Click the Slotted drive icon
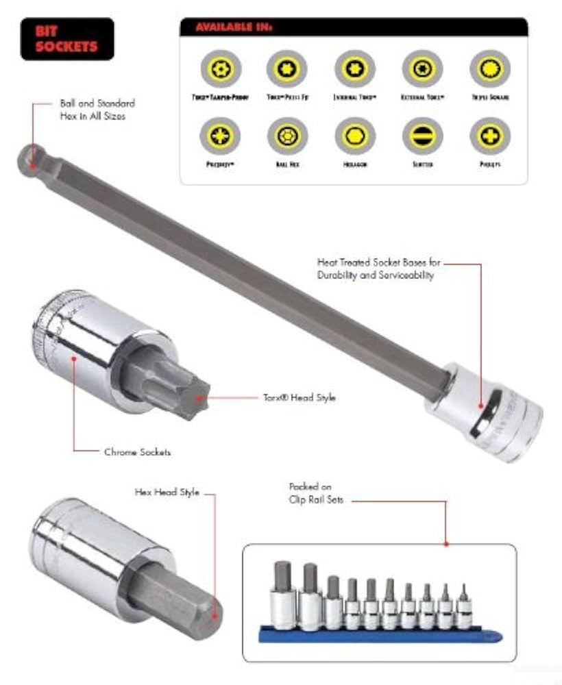point(422,136)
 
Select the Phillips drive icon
point(489,136)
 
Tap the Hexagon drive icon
point(355,136)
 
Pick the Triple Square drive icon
point(489,68)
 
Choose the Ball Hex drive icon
point(287,136)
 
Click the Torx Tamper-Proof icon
point(220,68)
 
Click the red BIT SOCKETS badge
point(67,39)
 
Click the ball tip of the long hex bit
point(28,156)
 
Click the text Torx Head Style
point(300,397)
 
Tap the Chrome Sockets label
point(137,452)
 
